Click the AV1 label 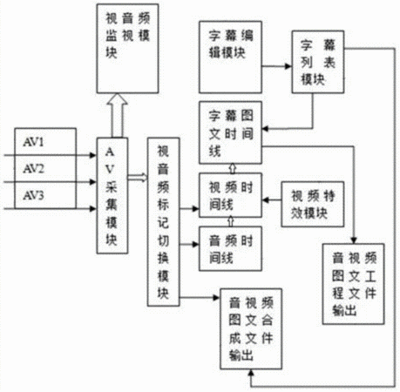pyautogui.click(x=33, y=142)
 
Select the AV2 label pyautogui.click(x=33, y=168)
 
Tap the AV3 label pyautogui.click(x=33, y=195)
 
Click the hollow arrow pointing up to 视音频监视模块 pyautogui.click(x=118, y=115)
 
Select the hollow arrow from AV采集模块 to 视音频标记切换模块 pyautogui.click(x=138, y=177)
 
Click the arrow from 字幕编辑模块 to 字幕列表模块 pyautogui.click(x=277, y=66)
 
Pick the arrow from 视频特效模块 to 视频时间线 pyautogui.click(x=272, y=199)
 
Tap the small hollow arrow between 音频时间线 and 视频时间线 pyautogui.click(x=231, y=222)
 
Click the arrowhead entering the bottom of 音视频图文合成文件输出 pyautogui.click(x=251, y=373)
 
